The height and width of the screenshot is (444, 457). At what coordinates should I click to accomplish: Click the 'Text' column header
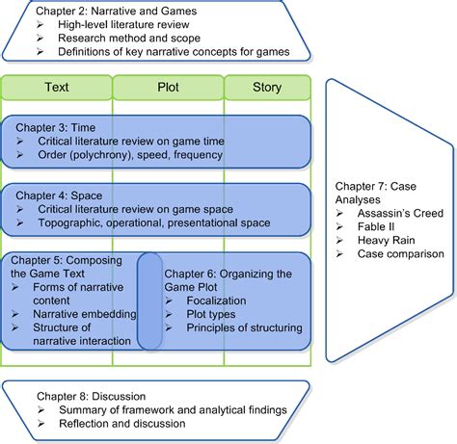click(x=56, y=88)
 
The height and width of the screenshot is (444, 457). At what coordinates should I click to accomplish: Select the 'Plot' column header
click(x=168, y=88)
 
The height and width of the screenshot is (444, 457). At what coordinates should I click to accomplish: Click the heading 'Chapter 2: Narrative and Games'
click(x=123, y=10)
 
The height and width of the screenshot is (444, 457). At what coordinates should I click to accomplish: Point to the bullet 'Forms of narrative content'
click(x=77, y=287)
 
